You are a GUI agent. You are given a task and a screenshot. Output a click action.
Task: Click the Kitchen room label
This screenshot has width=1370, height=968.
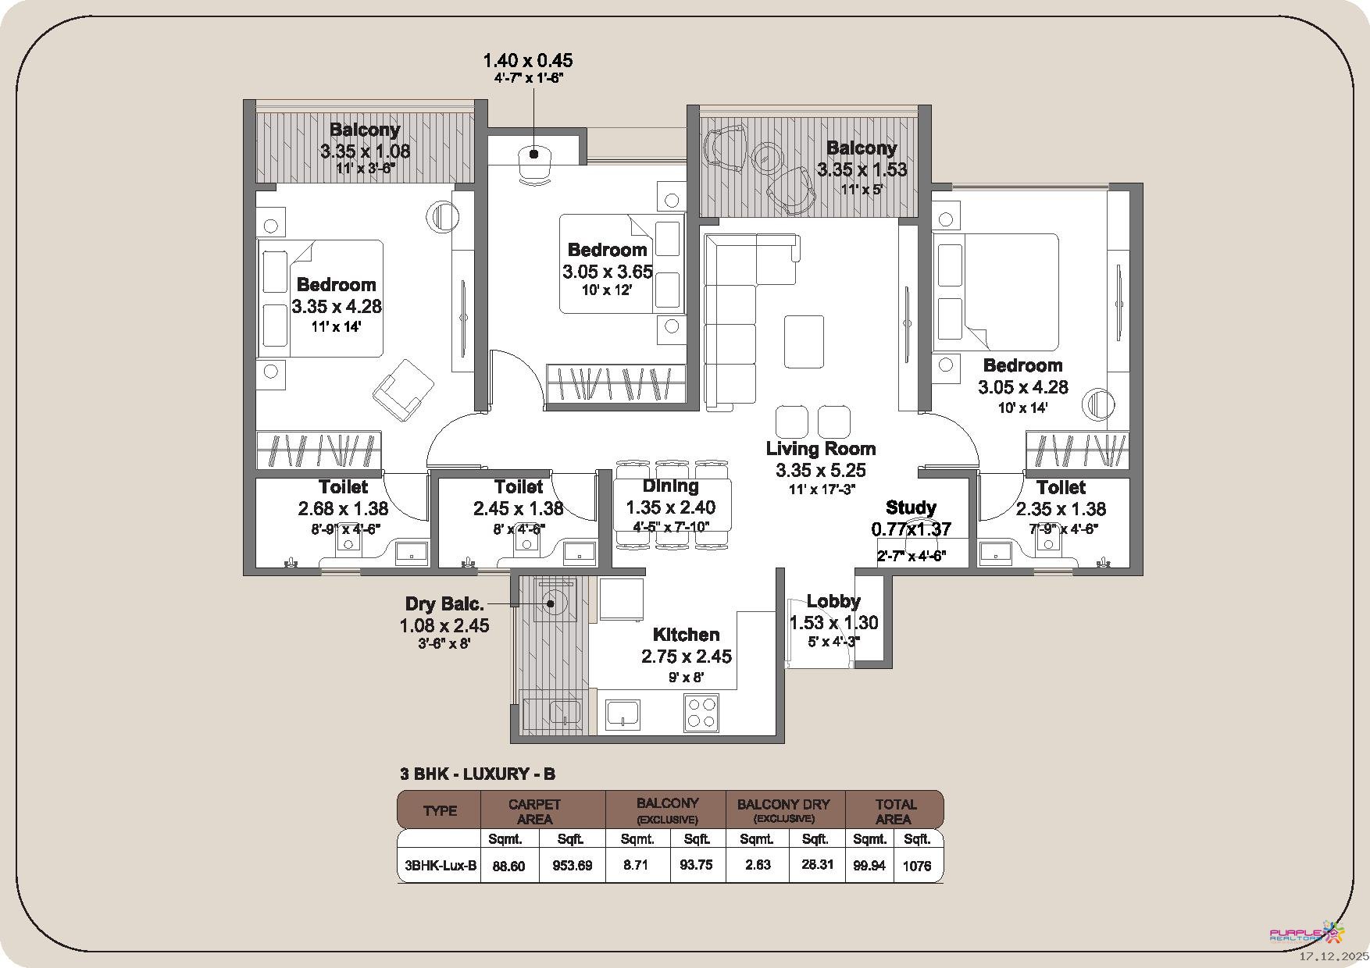pos(686,635)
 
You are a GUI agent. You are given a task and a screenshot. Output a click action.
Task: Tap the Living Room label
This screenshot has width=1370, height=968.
pos(820,449)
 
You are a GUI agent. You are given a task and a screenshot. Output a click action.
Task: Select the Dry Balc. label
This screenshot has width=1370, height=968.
pos(444,603)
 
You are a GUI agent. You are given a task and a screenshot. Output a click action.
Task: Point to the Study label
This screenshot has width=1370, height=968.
pos(911,508)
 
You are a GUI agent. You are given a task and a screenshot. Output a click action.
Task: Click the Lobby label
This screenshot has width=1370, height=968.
pos(833,601)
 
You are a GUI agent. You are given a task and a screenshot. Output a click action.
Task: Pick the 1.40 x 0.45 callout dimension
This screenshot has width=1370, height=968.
pos(528,60)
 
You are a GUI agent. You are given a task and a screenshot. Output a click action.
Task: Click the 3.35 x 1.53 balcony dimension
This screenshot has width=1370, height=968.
pos(862,169)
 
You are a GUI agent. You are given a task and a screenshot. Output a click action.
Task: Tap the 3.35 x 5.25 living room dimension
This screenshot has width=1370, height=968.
pos(821,470)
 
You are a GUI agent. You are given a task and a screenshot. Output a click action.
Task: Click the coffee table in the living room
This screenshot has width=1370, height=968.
pos(804,341)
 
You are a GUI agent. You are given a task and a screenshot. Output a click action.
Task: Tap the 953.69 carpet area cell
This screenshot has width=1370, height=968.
pos(573,865)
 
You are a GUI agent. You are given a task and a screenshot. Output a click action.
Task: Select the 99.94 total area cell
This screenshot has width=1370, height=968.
pos(869,865)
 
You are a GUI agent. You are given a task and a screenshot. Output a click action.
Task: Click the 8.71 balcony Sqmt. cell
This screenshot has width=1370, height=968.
pos(637,865)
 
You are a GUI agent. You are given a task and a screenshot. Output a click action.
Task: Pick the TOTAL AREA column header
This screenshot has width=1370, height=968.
pos(895,811)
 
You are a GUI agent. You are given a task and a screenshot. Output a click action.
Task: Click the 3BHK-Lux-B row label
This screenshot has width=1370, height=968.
pos(441,866)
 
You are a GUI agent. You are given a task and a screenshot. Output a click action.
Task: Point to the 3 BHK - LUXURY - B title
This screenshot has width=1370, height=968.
pos(477,774)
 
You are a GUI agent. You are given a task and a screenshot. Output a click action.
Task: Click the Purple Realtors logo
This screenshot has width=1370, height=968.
pos(1308,934)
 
